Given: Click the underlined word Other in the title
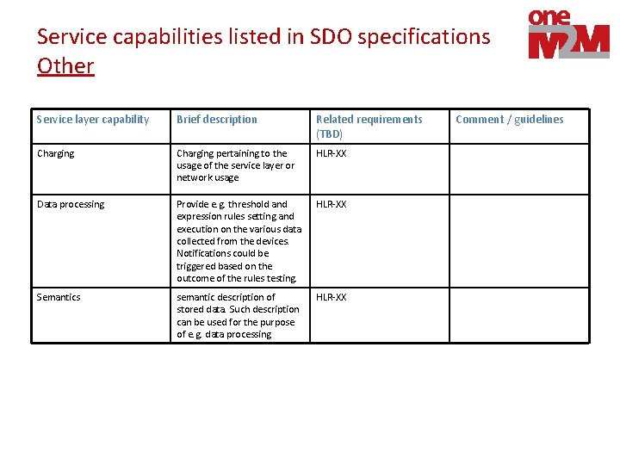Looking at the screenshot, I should [65, 65].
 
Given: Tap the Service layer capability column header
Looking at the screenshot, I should [93, 120].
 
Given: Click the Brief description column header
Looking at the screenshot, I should [217, 120].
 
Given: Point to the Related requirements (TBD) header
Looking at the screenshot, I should [369, 126].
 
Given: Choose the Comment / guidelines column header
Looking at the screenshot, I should [510, 120].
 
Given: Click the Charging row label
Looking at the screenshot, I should [56, 154].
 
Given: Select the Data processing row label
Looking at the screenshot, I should [71, 205].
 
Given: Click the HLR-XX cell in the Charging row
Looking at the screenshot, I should [332, 154].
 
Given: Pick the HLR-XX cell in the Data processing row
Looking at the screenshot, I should [332, 205].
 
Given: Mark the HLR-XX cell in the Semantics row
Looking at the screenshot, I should [332, 297].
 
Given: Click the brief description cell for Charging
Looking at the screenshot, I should [235, 165].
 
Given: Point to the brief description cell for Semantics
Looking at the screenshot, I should [238, 315].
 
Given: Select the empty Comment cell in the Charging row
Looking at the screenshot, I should [519, 169].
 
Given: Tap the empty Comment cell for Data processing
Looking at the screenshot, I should [519, 242].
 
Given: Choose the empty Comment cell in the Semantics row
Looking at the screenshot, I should [519, 315].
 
